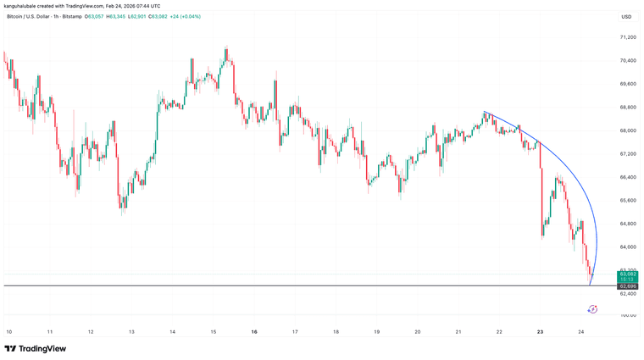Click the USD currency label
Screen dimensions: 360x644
(626, 17)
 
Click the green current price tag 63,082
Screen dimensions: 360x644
(627, 274)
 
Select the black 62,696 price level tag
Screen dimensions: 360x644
(627, 286)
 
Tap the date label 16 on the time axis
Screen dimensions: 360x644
(253, 332)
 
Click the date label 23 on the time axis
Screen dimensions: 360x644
(540, 332)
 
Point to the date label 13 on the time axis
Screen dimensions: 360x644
(130, 332)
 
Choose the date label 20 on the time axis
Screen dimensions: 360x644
(417, 332)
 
